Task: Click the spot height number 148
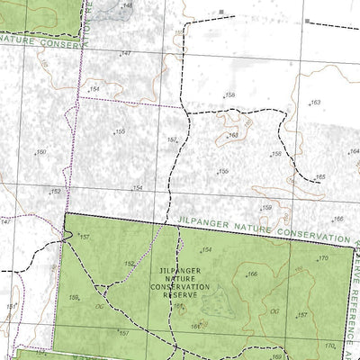128,5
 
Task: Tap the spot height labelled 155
120,131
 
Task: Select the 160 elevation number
40,152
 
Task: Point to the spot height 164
354,151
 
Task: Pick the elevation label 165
319,177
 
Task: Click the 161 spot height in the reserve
195,327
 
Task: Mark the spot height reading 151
11,307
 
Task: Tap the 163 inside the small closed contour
233,136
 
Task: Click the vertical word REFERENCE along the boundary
354,297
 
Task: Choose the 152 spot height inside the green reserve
129,264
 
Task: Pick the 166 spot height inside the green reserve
253,274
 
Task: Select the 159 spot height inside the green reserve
74,297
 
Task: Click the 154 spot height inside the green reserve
206,250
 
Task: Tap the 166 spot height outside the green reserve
337,219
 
